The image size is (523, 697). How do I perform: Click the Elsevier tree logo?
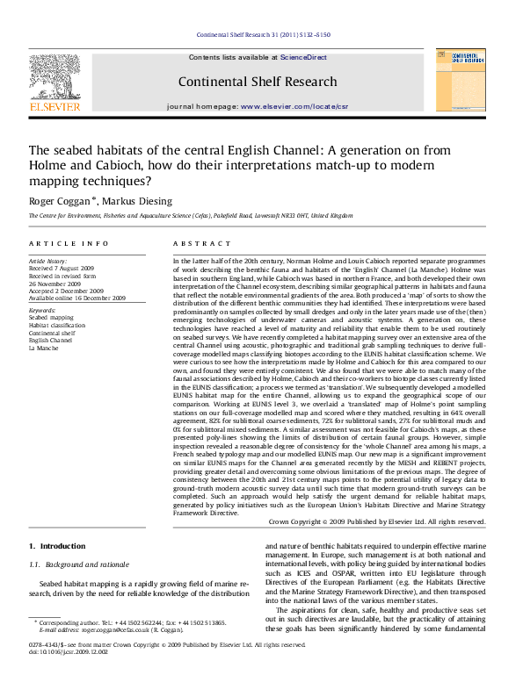pos(54,78)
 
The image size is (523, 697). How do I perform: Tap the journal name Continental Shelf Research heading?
pos(257,83)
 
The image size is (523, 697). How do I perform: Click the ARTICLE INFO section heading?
pos(69,243)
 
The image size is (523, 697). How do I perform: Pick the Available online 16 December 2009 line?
pos(77,298)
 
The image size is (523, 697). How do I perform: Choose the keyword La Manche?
pos(47,349)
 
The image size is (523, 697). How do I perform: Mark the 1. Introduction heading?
pos(57,547)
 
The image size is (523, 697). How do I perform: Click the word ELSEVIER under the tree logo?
pos(54,107)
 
